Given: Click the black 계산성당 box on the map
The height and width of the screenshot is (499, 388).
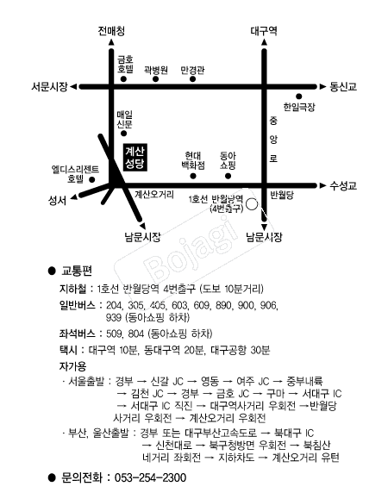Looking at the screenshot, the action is [x=135, y=157].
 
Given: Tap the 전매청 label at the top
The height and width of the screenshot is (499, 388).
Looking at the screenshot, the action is [x=111, y=31].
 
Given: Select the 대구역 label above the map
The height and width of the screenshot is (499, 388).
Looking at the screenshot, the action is [x=264, y=31].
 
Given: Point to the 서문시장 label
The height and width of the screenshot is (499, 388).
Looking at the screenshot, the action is [x=49, y=86].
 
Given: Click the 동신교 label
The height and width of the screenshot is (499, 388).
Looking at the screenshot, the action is [x=343, y=86].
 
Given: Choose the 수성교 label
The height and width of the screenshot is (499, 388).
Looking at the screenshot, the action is [x=343, y=185].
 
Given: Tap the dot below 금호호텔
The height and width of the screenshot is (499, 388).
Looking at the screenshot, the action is [x=123, y=79].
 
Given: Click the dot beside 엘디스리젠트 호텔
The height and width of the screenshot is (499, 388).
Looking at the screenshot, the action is [x=92, y=180].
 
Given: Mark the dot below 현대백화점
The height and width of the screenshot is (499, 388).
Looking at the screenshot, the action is [x=193, y=176].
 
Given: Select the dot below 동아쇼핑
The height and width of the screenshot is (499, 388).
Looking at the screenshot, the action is [x=228, y=176].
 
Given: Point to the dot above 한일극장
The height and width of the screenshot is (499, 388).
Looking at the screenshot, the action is [x=298, y=97].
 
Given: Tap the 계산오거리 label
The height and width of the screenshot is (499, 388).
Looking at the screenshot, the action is [x=154, y=194].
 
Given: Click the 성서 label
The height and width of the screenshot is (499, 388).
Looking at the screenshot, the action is [x=57, y=201].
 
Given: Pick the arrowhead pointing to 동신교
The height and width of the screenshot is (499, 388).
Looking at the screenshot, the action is [x=322, y=86].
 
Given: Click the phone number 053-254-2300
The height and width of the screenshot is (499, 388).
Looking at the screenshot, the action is [x=150, y=477].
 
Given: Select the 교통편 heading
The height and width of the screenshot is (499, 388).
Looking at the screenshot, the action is [x=77, y=271].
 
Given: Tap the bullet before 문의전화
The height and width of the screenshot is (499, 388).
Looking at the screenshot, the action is [x=52, y=477].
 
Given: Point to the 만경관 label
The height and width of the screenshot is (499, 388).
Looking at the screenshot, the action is [x=192, y=70].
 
